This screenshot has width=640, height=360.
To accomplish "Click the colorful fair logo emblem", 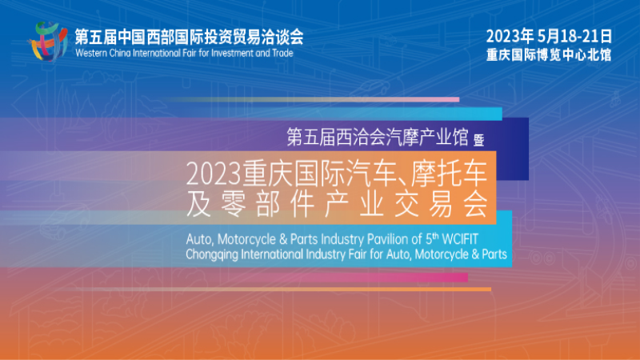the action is [x=48, y=42].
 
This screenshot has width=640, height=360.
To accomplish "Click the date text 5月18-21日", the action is [x=574, y=36].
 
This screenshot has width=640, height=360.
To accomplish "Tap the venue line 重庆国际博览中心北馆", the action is [x=549, y=54].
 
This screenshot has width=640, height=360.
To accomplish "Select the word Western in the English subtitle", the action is [x=91, y=53].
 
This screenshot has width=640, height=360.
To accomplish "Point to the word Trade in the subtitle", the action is [x=282, y=53].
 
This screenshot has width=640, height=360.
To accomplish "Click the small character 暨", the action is [x=478, y=140].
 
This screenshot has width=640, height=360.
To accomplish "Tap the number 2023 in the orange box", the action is [x=213, y=174].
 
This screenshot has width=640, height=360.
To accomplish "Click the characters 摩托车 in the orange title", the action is [x=449, y=173].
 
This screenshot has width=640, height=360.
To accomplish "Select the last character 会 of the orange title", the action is [x=475, y=204].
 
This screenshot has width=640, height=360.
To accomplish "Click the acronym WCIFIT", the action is [x=460, y=239].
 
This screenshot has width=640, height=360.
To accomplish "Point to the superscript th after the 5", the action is [x=435, y=236].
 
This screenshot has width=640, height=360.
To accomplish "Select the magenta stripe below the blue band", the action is [x=367, y=278].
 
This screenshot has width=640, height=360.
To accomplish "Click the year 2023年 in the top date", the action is [x=510, y=36].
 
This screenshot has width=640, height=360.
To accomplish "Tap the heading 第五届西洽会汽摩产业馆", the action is [x=377, y=137].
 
